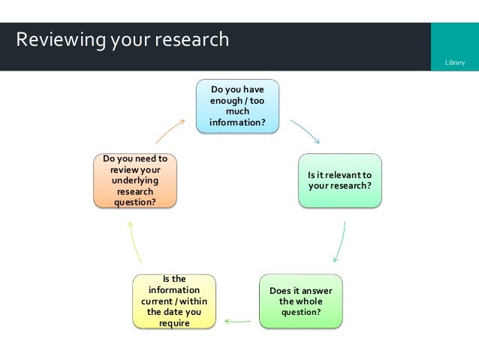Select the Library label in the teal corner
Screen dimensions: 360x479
(455, 62)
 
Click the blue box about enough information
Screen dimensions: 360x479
(238, 105)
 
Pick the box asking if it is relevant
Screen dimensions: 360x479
(340, 180)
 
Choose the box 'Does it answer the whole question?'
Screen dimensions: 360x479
(300, 301)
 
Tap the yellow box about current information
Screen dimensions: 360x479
(174, 301)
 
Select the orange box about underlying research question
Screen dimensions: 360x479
(135, 180)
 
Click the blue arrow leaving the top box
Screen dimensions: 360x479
(305, 131)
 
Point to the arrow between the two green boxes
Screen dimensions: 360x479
(339, 241)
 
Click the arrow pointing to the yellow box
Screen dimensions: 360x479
(237, 322)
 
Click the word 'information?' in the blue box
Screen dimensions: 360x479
(238, 123)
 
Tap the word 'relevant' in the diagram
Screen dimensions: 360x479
(349, 175)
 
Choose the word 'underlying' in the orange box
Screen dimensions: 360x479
(135, 180)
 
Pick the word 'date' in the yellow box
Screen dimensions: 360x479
(173, 312)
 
